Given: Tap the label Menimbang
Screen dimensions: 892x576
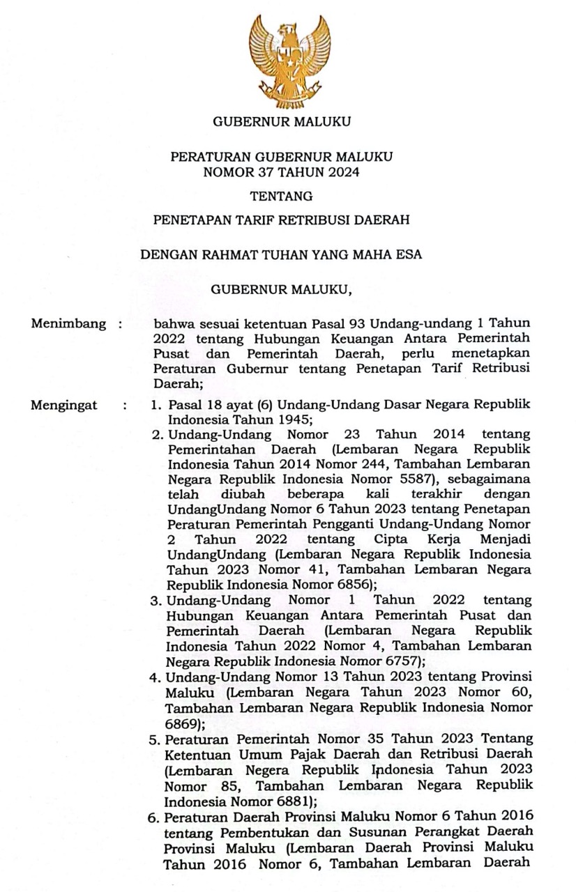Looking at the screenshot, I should pos(69,323).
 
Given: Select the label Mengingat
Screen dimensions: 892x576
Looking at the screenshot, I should pos(64,405).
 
